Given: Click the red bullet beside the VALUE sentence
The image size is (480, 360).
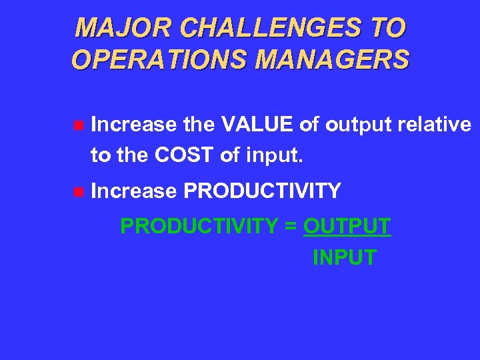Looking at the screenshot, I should coord(78,125).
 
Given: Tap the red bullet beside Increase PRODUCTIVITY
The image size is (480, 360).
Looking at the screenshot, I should coord(78,192).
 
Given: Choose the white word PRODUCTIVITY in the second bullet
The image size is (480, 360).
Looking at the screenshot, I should coord(262,191).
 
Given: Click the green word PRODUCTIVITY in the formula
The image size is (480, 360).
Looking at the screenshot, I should coord(199,226).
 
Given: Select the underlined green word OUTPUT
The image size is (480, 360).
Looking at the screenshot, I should coord(347,226).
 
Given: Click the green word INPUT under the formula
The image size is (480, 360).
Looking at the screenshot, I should coord(344,257).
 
